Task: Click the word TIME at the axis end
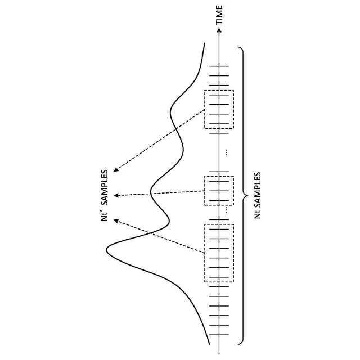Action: click(x=219, y=14)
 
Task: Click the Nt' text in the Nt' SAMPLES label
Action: click(x=104, y=214)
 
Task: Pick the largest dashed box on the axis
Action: click(x=219, y=253)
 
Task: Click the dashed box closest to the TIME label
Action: click(x=219, y=109)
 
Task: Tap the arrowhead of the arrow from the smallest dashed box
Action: click(x=115, y=195)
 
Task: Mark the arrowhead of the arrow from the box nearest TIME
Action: click(x=115, y=169)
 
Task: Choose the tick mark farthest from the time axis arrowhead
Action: click(x=219, y=335)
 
